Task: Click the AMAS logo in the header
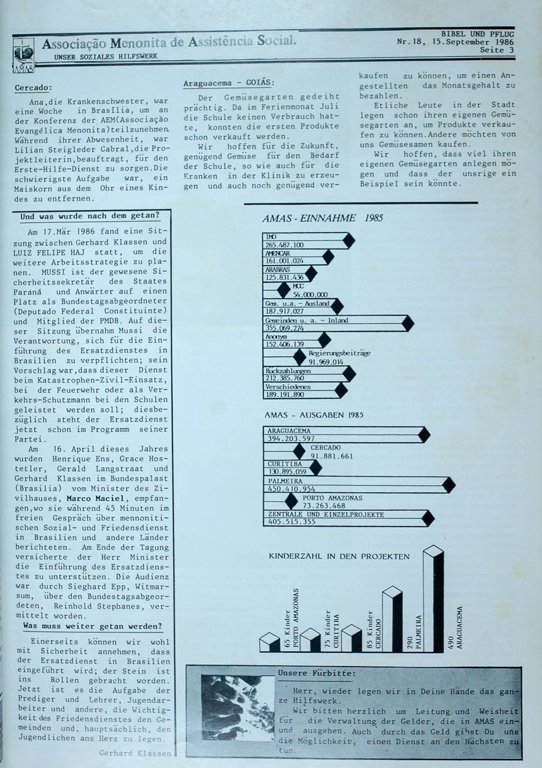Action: [23, 55]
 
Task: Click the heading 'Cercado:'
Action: [33, 88]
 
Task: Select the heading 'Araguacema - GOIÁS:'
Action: [228, 83]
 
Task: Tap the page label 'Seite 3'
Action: [496, 50]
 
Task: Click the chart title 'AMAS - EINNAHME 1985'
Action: [323, 218]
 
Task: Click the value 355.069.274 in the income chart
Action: [285, 329]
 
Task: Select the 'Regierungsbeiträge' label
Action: [339, 353]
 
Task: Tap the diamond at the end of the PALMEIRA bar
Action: [449, 485]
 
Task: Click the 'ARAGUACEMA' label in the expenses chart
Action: [289, 431]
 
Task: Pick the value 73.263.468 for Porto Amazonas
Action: [324, 506]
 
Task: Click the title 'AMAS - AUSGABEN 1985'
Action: [314, 415]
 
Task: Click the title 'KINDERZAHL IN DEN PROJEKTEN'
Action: [339, 556]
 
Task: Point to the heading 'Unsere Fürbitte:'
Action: [317, 673]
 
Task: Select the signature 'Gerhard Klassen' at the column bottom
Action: [135, 753]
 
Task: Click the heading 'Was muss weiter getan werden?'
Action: [92, 626]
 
